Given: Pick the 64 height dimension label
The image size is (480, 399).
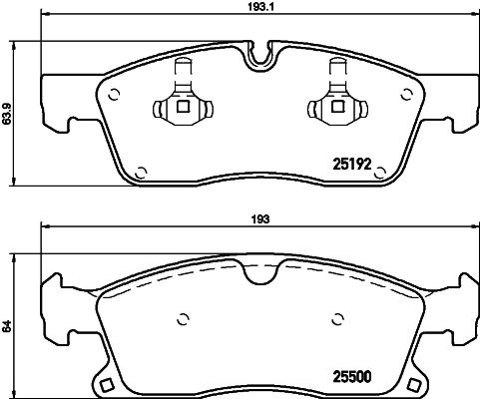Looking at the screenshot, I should point(8,325).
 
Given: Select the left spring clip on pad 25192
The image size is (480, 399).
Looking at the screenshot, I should point(181,101).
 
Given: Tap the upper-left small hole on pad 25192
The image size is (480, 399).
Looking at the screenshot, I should point(113,96).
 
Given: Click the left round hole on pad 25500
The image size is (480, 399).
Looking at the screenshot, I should point(183,320).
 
